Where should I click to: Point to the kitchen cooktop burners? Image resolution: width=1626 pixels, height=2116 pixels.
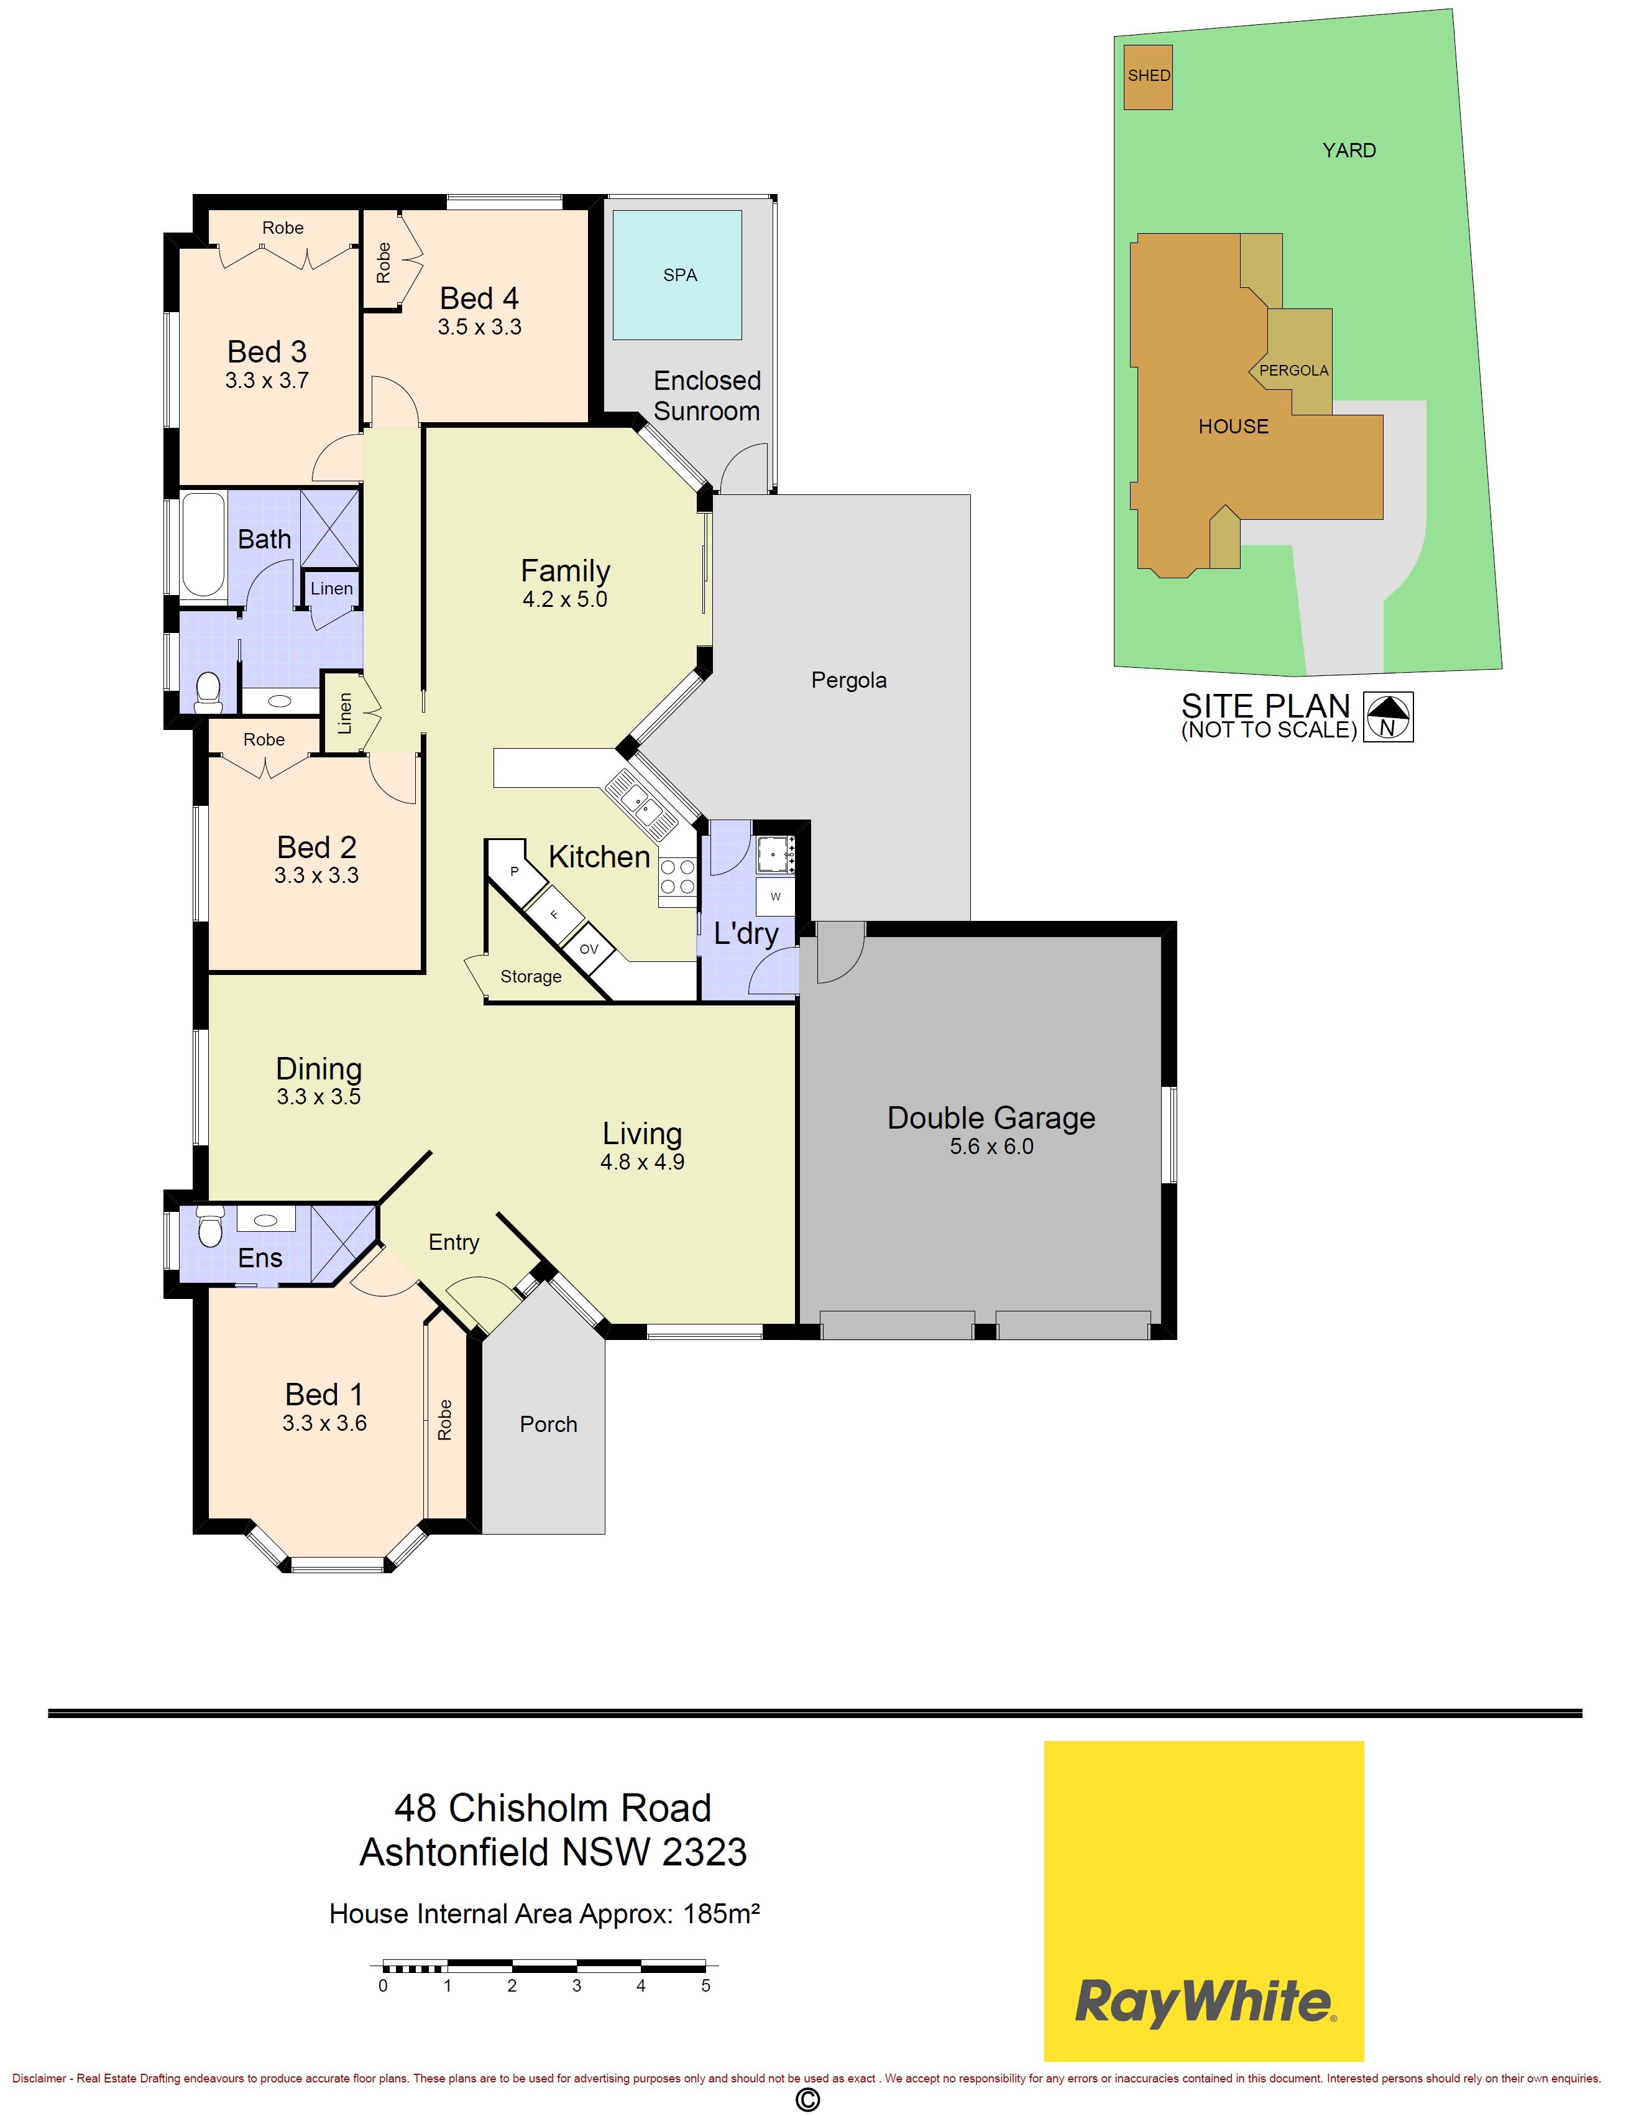point(677,876)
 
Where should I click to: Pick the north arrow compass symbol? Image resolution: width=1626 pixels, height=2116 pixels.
point(1388,716)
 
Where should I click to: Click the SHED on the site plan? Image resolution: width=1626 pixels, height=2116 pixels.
point(1149,76)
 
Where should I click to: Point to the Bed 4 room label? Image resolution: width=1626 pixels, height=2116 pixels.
point(479,298)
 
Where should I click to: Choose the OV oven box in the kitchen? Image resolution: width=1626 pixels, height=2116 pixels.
point(589,949)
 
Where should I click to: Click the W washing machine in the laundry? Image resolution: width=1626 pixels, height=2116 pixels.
point(775,897)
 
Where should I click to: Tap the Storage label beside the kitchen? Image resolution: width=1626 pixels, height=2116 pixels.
point(530,977)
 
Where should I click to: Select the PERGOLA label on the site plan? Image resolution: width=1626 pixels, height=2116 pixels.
point(1294,371)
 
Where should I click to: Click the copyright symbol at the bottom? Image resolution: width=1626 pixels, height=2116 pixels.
point(807,2099)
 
